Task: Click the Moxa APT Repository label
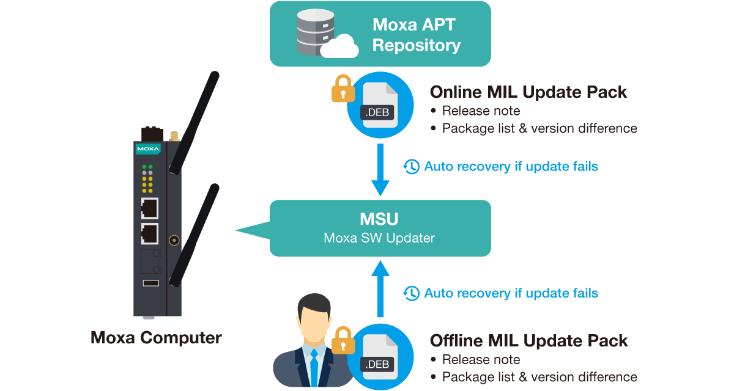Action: click(x=416, y=35)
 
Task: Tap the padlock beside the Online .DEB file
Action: click(x=343, y=89)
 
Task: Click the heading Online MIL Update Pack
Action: click(x=528, y=92)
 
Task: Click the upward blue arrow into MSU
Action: click(x=380, y=287)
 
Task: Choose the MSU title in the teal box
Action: click(x=380, y=218)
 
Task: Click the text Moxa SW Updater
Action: click(x=379, y=238)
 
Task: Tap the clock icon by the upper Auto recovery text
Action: click(x=412, y=166)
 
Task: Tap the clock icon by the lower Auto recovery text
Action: click(x=412, y=293)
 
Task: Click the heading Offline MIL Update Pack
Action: click(x=529, y=340)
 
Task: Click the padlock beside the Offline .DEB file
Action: click(x=343, y=341)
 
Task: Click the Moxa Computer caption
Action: click(x=156, y=337)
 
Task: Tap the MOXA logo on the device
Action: click(x=148, y=148)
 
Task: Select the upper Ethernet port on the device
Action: click(x=149, y=208)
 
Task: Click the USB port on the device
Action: click(x=150, y=283)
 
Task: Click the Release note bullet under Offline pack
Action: click(x=481, y=359)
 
